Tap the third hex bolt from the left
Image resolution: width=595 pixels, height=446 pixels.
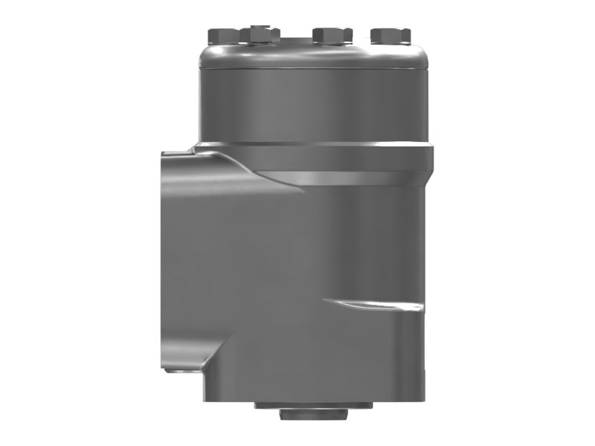pos(332,35)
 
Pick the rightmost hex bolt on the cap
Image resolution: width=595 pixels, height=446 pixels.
pos(390,35)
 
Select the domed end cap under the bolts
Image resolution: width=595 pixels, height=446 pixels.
pos(312,55)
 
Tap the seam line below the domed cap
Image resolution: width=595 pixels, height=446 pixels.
pos(312,69)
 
